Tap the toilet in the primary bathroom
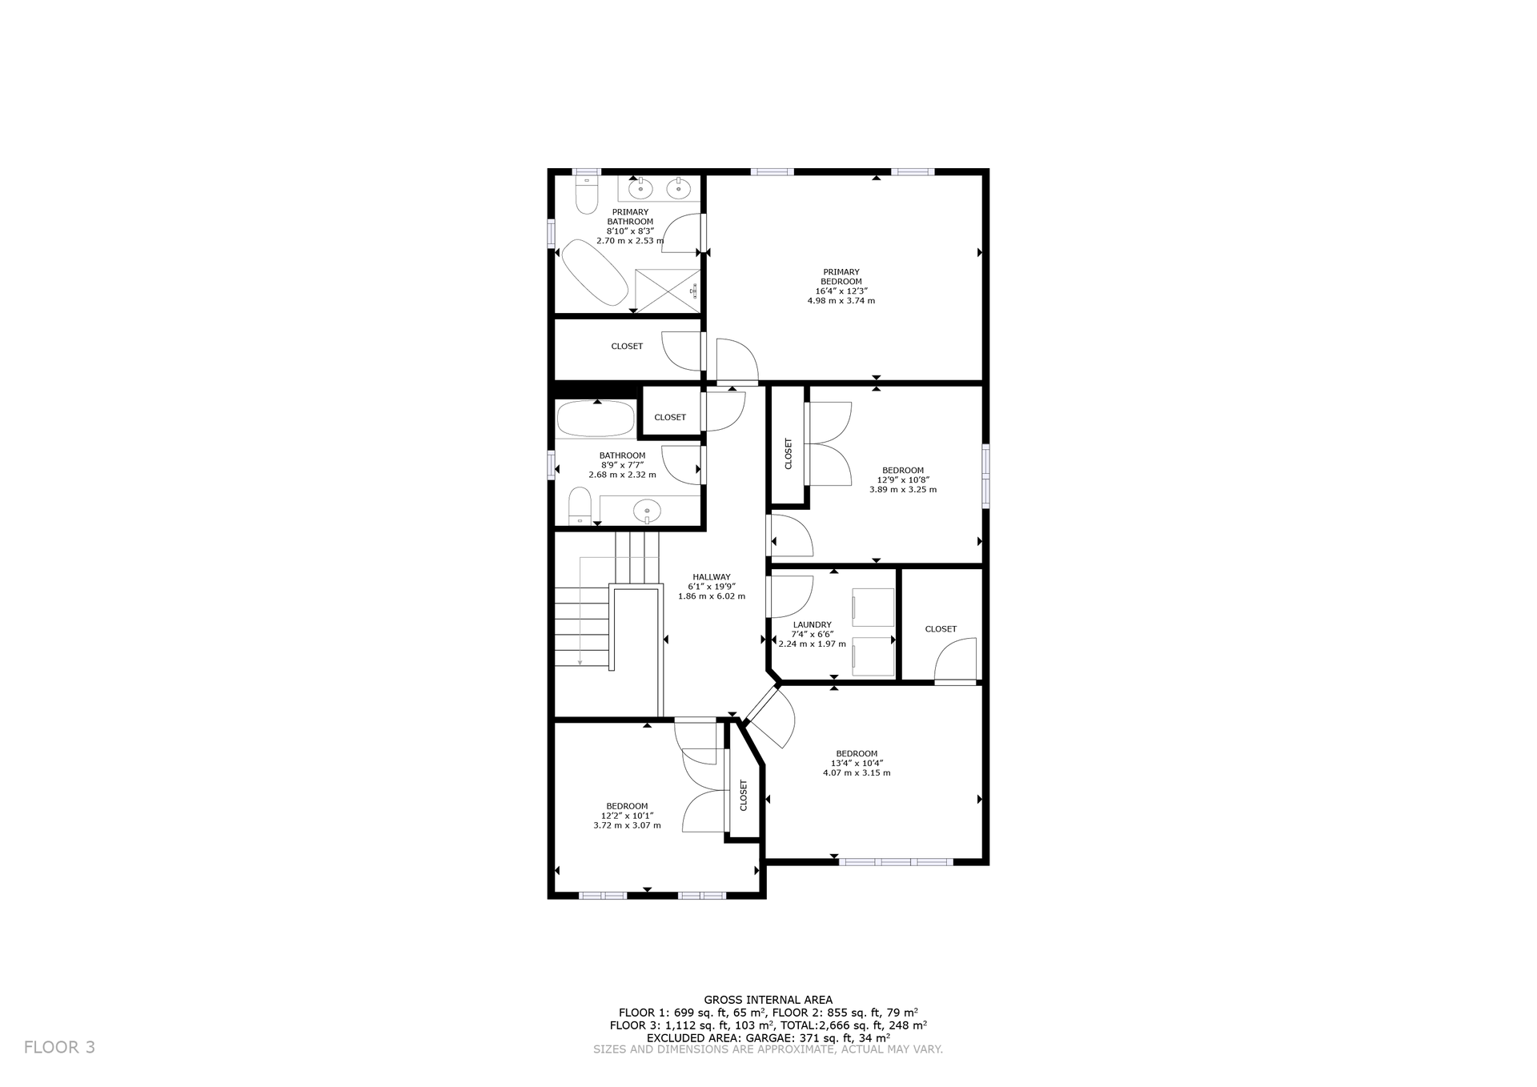(x=587, y=195)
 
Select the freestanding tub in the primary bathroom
(x=593, y=272)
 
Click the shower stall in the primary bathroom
(x=667, y=290)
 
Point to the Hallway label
(x=711, y=577)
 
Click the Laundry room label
(x=812, y=625)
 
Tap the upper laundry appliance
(x=873, y=608)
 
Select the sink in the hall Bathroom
(x=646, y=510)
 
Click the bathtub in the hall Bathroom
(x=596, y=419)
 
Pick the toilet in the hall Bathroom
(x=579, y=507)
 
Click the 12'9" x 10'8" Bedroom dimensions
(x=903, y=480)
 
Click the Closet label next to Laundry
(x=941, y=629)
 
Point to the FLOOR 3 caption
(x=59, y=1047)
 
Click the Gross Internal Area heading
(x=768, y=1000)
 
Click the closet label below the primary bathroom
(x=627, y=347)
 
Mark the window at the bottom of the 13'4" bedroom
(x=896, y=862)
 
